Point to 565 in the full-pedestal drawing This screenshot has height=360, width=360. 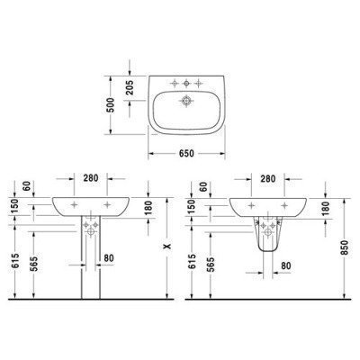33,266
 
